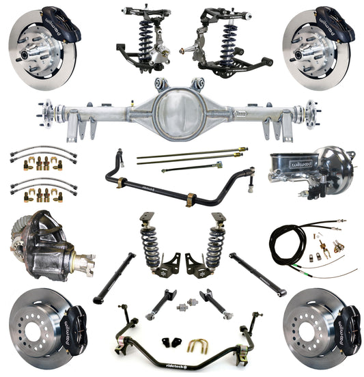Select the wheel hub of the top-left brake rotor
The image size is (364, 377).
[x=32, y=47]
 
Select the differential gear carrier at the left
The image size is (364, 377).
[x=44, y=247]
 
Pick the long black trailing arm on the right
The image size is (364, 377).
[x=257, y=274]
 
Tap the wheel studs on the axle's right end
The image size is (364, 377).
[x=313, y=111]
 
